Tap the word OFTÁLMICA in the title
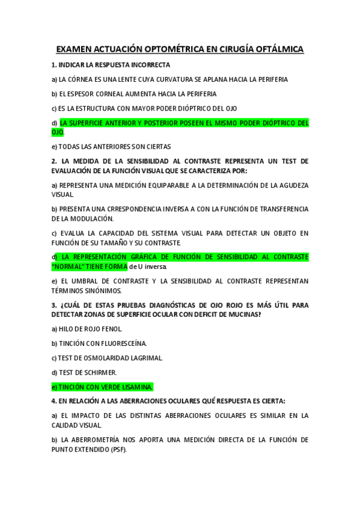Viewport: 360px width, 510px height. point(274,49)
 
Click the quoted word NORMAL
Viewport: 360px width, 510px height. point(71,266)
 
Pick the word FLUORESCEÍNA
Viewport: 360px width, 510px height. point(119,343)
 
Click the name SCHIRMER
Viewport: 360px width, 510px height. point(96,372)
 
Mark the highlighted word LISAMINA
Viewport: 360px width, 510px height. point(135,387)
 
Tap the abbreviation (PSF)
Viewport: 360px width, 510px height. point(118,449)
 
